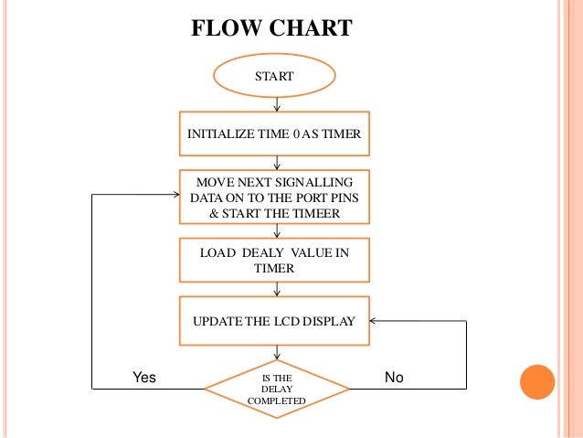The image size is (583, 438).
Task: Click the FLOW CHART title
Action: pyautogui.click(x=271, y=28)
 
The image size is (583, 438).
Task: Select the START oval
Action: pyautogui.click(x=274, y=77)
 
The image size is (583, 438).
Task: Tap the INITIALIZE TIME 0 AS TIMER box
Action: pyautogui.click(x=274, y=134)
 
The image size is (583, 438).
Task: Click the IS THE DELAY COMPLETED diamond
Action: pyautogui.click(x=276, y=388)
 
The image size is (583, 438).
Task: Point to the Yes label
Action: pyautogui.click(x=145, y=377)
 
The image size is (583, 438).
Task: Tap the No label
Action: pyautogui.click(x=394, y=377)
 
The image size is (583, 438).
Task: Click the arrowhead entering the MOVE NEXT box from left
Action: pyautogui.click(x=175, y=195)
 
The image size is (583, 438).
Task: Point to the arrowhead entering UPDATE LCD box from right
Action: pyautogui.click(x=376, y=321)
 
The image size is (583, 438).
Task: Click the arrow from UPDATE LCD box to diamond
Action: pyautogui.click(x=276, y=353)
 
